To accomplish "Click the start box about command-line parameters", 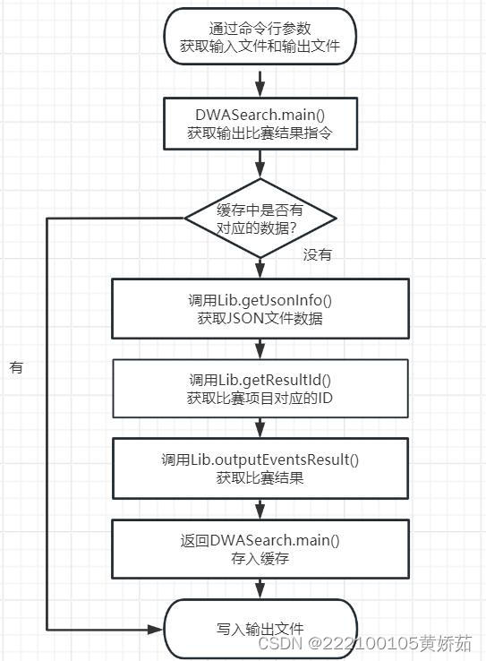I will pos(260,37).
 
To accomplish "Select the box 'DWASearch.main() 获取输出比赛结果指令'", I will pos(260,123).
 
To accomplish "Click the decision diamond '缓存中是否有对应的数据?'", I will pos(260,217).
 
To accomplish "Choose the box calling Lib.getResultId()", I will pos(260,388).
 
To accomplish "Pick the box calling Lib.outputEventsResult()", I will pos(260,468).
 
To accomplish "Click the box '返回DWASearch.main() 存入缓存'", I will pos(260,549).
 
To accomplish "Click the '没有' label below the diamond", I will pos(317,255).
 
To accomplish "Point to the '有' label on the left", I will pos(16,367).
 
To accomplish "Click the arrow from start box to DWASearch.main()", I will pos(260,82).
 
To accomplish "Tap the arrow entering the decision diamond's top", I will pos(260,167).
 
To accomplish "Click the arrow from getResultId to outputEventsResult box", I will pos(260,427).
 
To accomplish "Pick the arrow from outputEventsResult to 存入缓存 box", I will pos(260,509).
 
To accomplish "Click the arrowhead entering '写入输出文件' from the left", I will pos(158,629).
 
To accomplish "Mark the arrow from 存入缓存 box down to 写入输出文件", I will pos(260,588).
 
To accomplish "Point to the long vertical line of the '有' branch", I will pos(47,421).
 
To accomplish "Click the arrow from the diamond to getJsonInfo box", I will pos(260,267).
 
